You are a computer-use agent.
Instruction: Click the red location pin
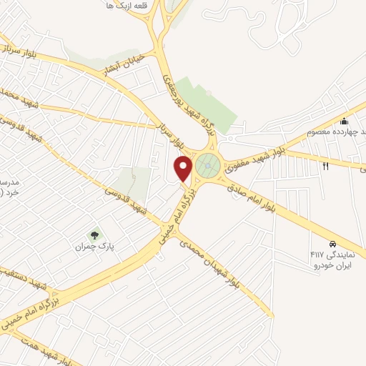point(184,168)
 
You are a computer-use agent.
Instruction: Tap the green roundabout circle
point(208,165)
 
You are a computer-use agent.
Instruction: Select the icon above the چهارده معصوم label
point(344,120)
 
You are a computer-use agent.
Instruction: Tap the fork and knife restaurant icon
point(325,166)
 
